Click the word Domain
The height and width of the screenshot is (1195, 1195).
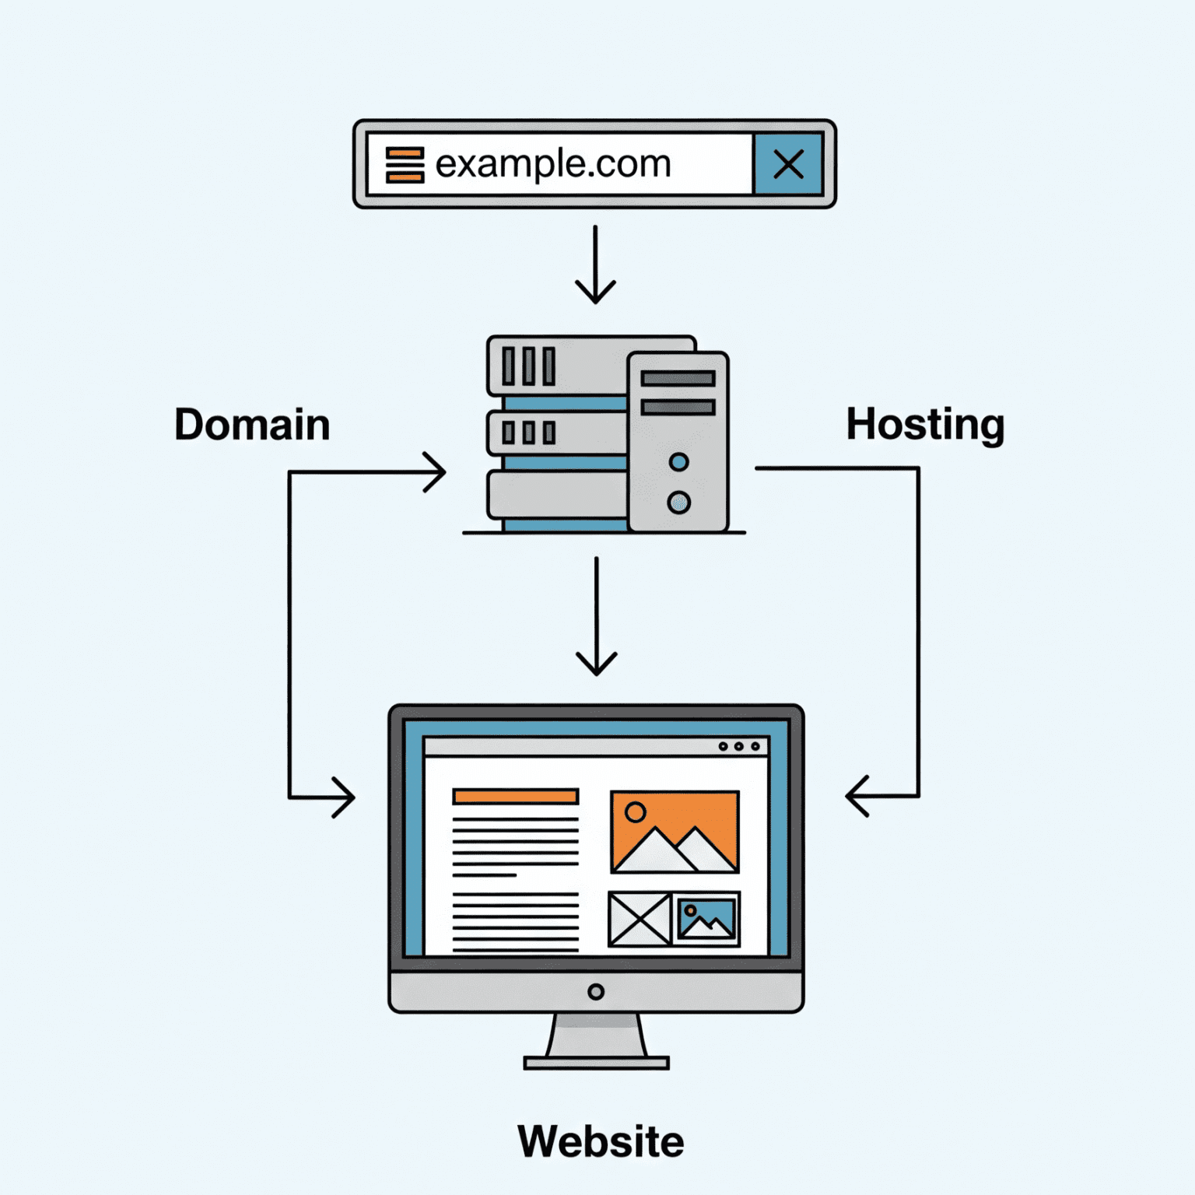(252, 425)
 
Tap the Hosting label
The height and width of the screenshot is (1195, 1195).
(924, 425)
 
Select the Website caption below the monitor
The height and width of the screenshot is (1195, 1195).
(601, 1141)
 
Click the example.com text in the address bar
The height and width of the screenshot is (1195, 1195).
(552, 164)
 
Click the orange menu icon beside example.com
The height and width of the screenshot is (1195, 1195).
(405, 165)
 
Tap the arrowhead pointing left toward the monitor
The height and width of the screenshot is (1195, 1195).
(857, 796)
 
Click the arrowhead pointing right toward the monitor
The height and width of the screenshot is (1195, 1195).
(344, 797)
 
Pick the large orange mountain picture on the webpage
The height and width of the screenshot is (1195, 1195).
(675, 832)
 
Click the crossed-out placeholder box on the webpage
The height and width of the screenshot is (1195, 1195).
(640, 919)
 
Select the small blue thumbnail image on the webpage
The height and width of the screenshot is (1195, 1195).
(706, 919)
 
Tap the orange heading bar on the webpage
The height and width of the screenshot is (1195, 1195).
(516, 796)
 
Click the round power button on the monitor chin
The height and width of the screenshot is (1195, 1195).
(596, 992)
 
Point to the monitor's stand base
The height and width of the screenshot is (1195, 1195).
(596, 1063)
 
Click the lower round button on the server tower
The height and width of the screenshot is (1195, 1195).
(678, 503)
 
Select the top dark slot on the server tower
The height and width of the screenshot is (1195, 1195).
(678, 379)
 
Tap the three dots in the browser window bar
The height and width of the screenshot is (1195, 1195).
(738, 746)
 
